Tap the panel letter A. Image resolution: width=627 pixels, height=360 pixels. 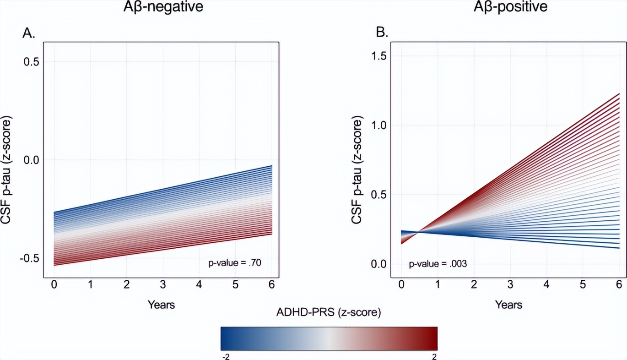coord(29,33)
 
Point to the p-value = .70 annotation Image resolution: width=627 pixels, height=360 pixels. coord(234,263)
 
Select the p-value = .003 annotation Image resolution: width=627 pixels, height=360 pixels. coord(438,263)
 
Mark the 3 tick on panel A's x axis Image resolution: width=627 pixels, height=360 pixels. coord(162,285)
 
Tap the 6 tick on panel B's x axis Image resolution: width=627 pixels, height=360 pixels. coord(619,285)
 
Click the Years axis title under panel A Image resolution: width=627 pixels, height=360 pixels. coord(161,304)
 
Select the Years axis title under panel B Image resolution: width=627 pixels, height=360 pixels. coord(508,304)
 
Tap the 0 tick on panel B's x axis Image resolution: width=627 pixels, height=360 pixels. coord(401,285)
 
